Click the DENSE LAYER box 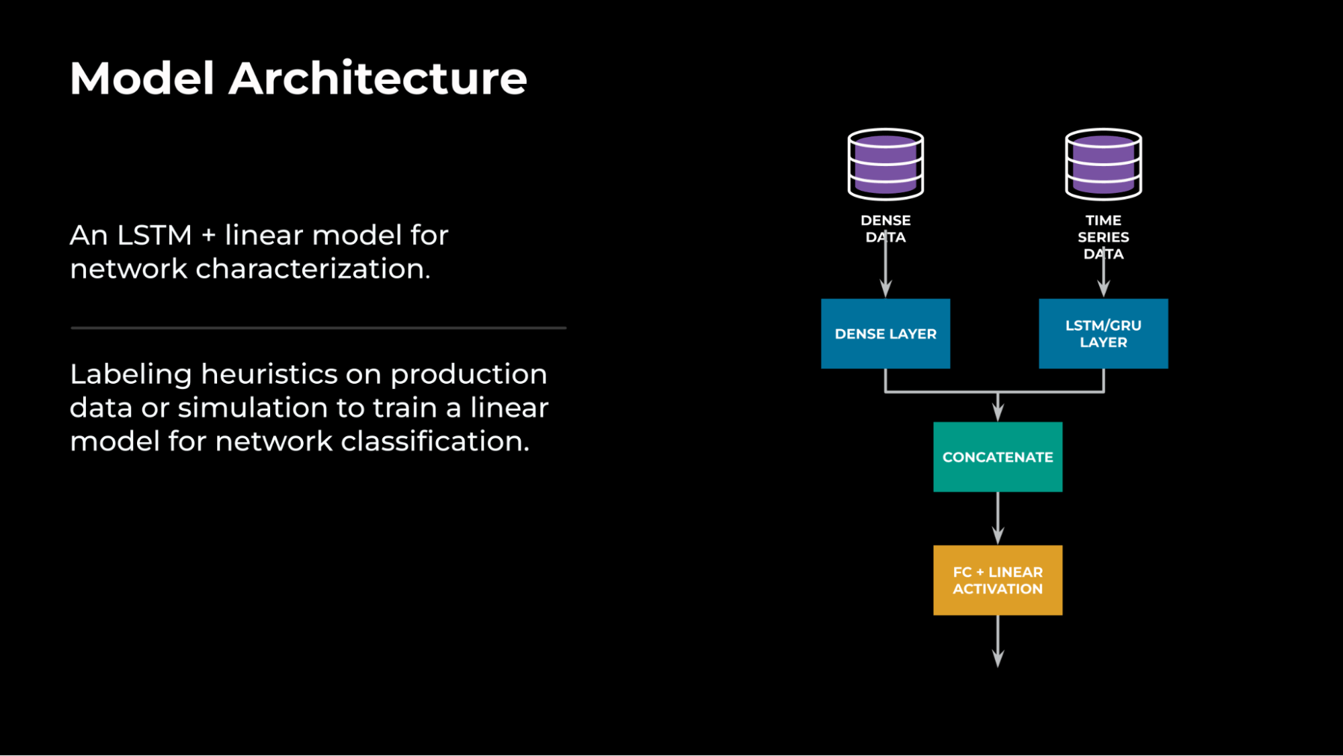coord(885,333)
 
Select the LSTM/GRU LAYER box coord(1103,333)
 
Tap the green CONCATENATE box coord(998,457)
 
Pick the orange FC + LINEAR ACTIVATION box coord(998,580)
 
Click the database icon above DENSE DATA coord(885,164)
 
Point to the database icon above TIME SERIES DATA coord(1103,164)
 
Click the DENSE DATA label coord(885,228)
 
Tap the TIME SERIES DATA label coord(1103,237)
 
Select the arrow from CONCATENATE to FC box coord(998,517)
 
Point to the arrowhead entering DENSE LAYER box coord(885,290)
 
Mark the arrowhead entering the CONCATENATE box coord(998,412)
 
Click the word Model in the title coord(142,79)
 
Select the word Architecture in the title coord(378,79)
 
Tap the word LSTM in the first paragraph coord(155,235)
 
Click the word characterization coord(312,269)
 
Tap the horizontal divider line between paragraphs coord(318,328)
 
